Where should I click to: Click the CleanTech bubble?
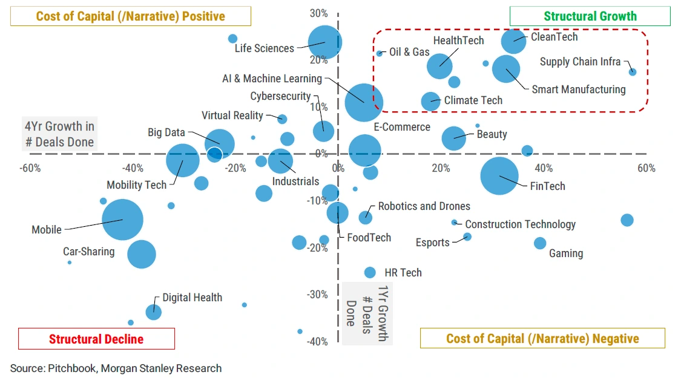514,41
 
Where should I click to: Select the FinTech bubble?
500,176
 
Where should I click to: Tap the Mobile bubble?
122,220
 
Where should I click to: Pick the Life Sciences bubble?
325,42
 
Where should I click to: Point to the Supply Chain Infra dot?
633,71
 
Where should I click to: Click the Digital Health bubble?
154,312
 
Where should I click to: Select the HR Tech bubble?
370,272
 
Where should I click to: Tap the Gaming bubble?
540,243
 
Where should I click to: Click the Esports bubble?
467,236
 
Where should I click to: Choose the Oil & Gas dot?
380,53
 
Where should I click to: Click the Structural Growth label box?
590,16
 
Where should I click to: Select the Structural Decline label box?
96,339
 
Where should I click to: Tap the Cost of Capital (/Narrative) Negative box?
542,338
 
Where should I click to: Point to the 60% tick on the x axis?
647,168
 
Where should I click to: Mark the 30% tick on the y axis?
320,13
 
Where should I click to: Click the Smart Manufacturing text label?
578,90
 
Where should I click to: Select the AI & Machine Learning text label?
272,78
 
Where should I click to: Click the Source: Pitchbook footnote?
116,368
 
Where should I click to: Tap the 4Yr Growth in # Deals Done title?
59,134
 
